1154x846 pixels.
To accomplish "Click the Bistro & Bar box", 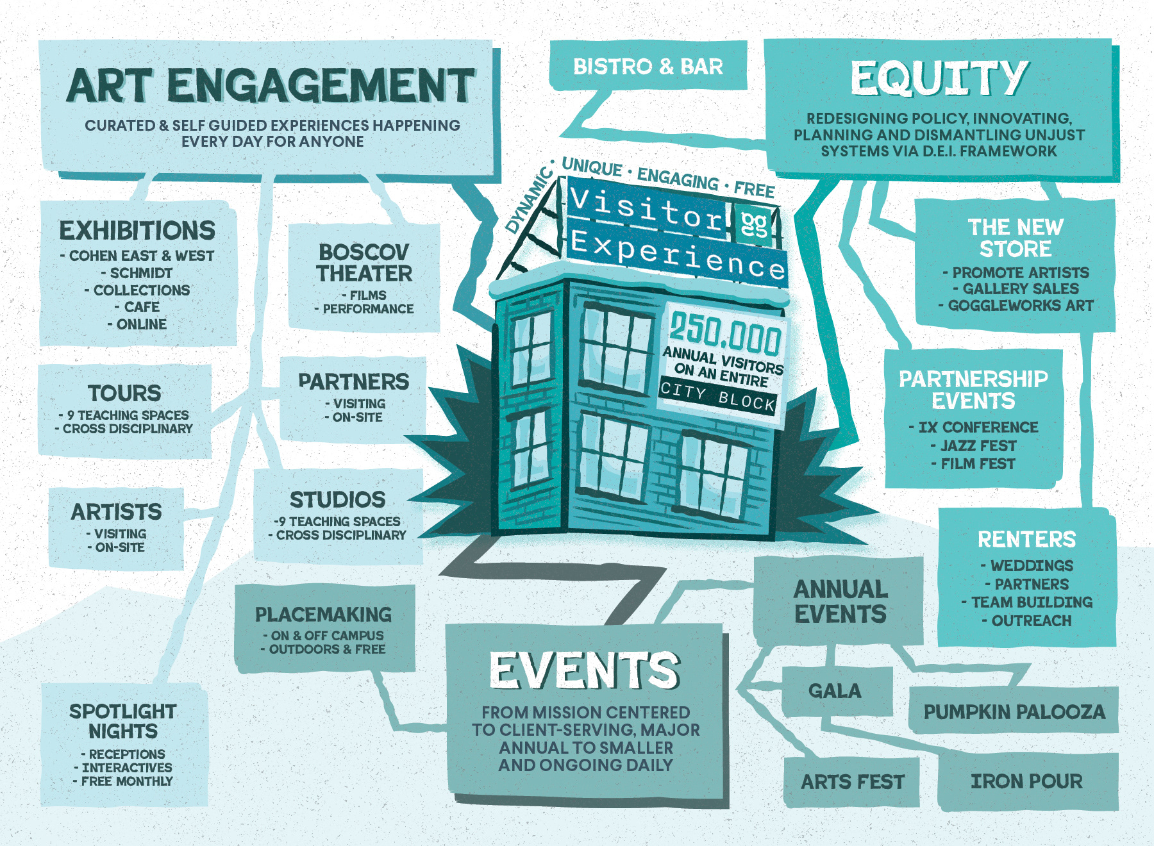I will pyautogui.click(x=648, y=66).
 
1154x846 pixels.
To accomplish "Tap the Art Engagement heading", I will pyautogui.click(x=270, y=86).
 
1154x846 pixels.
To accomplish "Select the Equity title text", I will pyautogui.click(x=939, y=78).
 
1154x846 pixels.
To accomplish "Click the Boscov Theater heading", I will pyautogui.click(x=364, y=263).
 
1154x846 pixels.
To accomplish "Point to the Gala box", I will pyautogui.click(x=835, y=691).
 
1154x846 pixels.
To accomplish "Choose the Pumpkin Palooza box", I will pyautogui.click(x=1014, y=711).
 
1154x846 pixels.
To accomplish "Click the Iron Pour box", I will pyautogui.click(x=1026, y=781).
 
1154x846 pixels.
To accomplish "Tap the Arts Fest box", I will pyautogui.click(x=852, y=782).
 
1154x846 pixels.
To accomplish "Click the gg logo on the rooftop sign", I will pyautogui.click(x=754, y=224).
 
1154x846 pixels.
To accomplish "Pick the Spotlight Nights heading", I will pyautogui.click(x=123, y=721).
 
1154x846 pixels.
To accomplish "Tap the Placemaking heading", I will pyautogui.click(x=323, y=615).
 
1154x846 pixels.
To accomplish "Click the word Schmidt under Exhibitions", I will pyautogui.click(x=141, y=273).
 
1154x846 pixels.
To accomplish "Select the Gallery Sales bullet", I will pyautogui.click(x=1020, y=289).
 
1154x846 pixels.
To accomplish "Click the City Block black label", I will pyautogui.click(x=717, y=397).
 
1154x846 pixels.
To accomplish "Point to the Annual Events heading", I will pyautogui.click(x=840, y=601).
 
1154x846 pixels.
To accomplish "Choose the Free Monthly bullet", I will pyautogui.click(x=126, y=781).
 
